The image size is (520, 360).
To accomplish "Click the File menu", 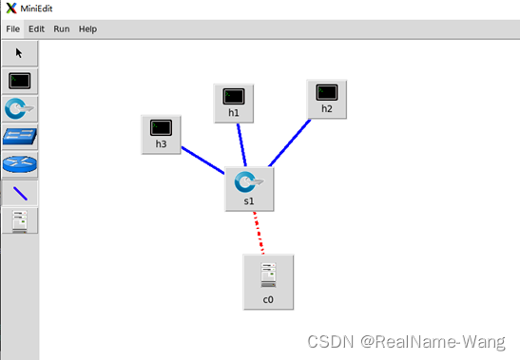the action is pyautogui.click(x=13, y=29).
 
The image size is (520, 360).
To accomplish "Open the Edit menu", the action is pyautogui.click(x=37, y=29).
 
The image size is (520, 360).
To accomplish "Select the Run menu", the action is pyautogui.click(x=62, y=29).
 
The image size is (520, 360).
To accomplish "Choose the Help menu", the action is pyautogui.click(x=87, y=29).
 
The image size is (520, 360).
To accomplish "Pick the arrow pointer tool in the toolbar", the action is pyautogui.click(x=19, y=53).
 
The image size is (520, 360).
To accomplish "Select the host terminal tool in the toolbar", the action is pyautogui.click(x=19, y=81).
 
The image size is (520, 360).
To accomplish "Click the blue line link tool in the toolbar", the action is pyautogui.click(x=19, y=192).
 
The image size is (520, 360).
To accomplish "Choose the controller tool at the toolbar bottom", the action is pyautogui.click(x=19, y=220).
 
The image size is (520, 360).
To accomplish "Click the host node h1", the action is pyautogui.click(x=234, y=102).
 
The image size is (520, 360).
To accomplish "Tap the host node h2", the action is pyautogui.click(x=327, y=98).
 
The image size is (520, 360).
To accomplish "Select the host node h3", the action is pyautogui.click(x=161, y=133).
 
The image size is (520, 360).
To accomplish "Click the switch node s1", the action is pyautogui.click(x=249, y=187).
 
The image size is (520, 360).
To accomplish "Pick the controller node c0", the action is pyautogui.click(x=268, y=281).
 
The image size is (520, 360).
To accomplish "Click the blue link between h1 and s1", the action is pyautogui.click(x=242, y=145).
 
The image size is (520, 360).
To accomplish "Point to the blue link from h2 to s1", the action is pyautogui.click(x=290, y=143).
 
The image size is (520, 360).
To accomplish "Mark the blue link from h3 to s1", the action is pyautogui.click(x=202, y=161).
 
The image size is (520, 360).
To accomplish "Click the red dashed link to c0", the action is pyautogui.click(x=260, y=234).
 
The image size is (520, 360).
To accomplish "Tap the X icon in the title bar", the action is pyautogui.click(x=10, y=8).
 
